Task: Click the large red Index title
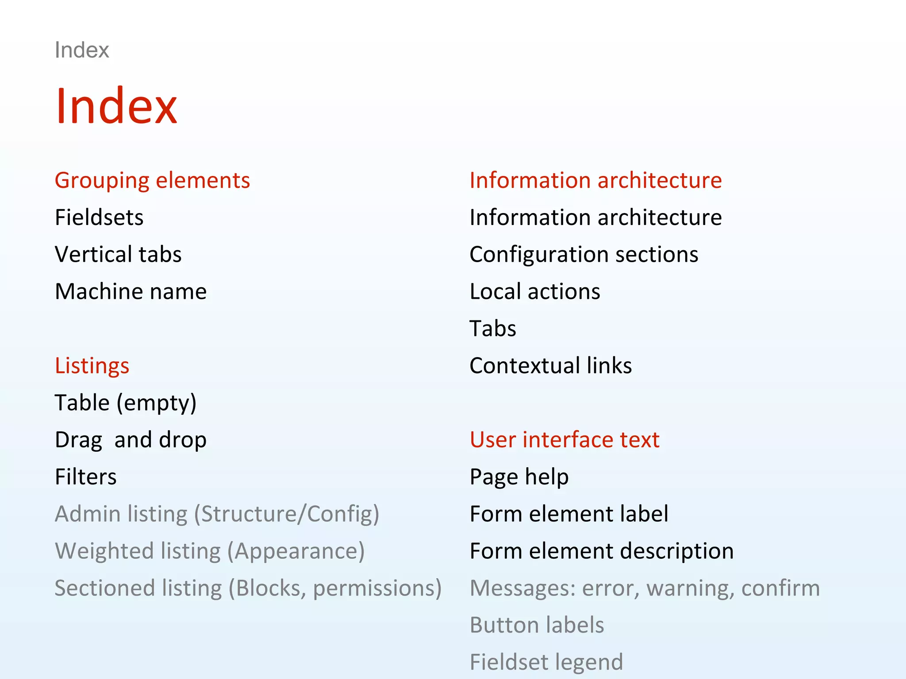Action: tap(116, 107)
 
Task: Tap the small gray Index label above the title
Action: tap(82, 50)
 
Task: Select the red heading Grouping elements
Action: tap(152, 180)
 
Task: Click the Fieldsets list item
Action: tap(99, 217)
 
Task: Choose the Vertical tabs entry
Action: tap(118, 255)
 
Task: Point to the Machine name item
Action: tap(131, 292)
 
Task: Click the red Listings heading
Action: tap(92, 366)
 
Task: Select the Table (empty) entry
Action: tap(126, 403)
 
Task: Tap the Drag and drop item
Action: tap(131, 440)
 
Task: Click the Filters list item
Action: tap(86, 477)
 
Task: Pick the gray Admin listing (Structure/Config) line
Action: tap(217, 514)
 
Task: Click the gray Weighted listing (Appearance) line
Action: tap(210, 551)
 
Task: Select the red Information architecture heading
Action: tap(595, 180)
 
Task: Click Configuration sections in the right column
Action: tap(584, 255)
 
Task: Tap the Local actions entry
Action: tap(535, 292)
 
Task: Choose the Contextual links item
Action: tap(551, 366)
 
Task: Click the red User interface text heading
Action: tap(564, 440)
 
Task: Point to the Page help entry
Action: tap(519, 477)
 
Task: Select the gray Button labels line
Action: tap(537, 625)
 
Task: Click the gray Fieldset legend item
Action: tap(546, 662)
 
